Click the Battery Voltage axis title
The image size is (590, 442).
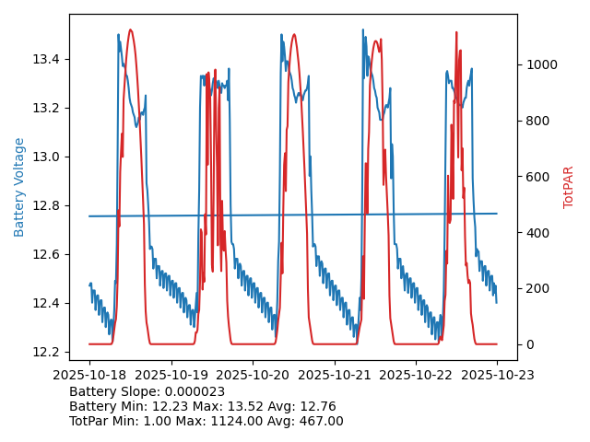19,187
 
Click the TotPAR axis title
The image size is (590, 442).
569,187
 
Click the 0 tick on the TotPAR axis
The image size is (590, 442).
527,344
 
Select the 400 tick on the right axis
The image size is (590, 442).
536,233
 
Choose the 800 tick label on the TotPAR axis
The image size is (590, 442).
536,121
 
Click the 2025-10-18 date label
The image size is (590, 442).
89,375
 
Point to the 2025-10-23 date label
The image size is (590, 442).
497,375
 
